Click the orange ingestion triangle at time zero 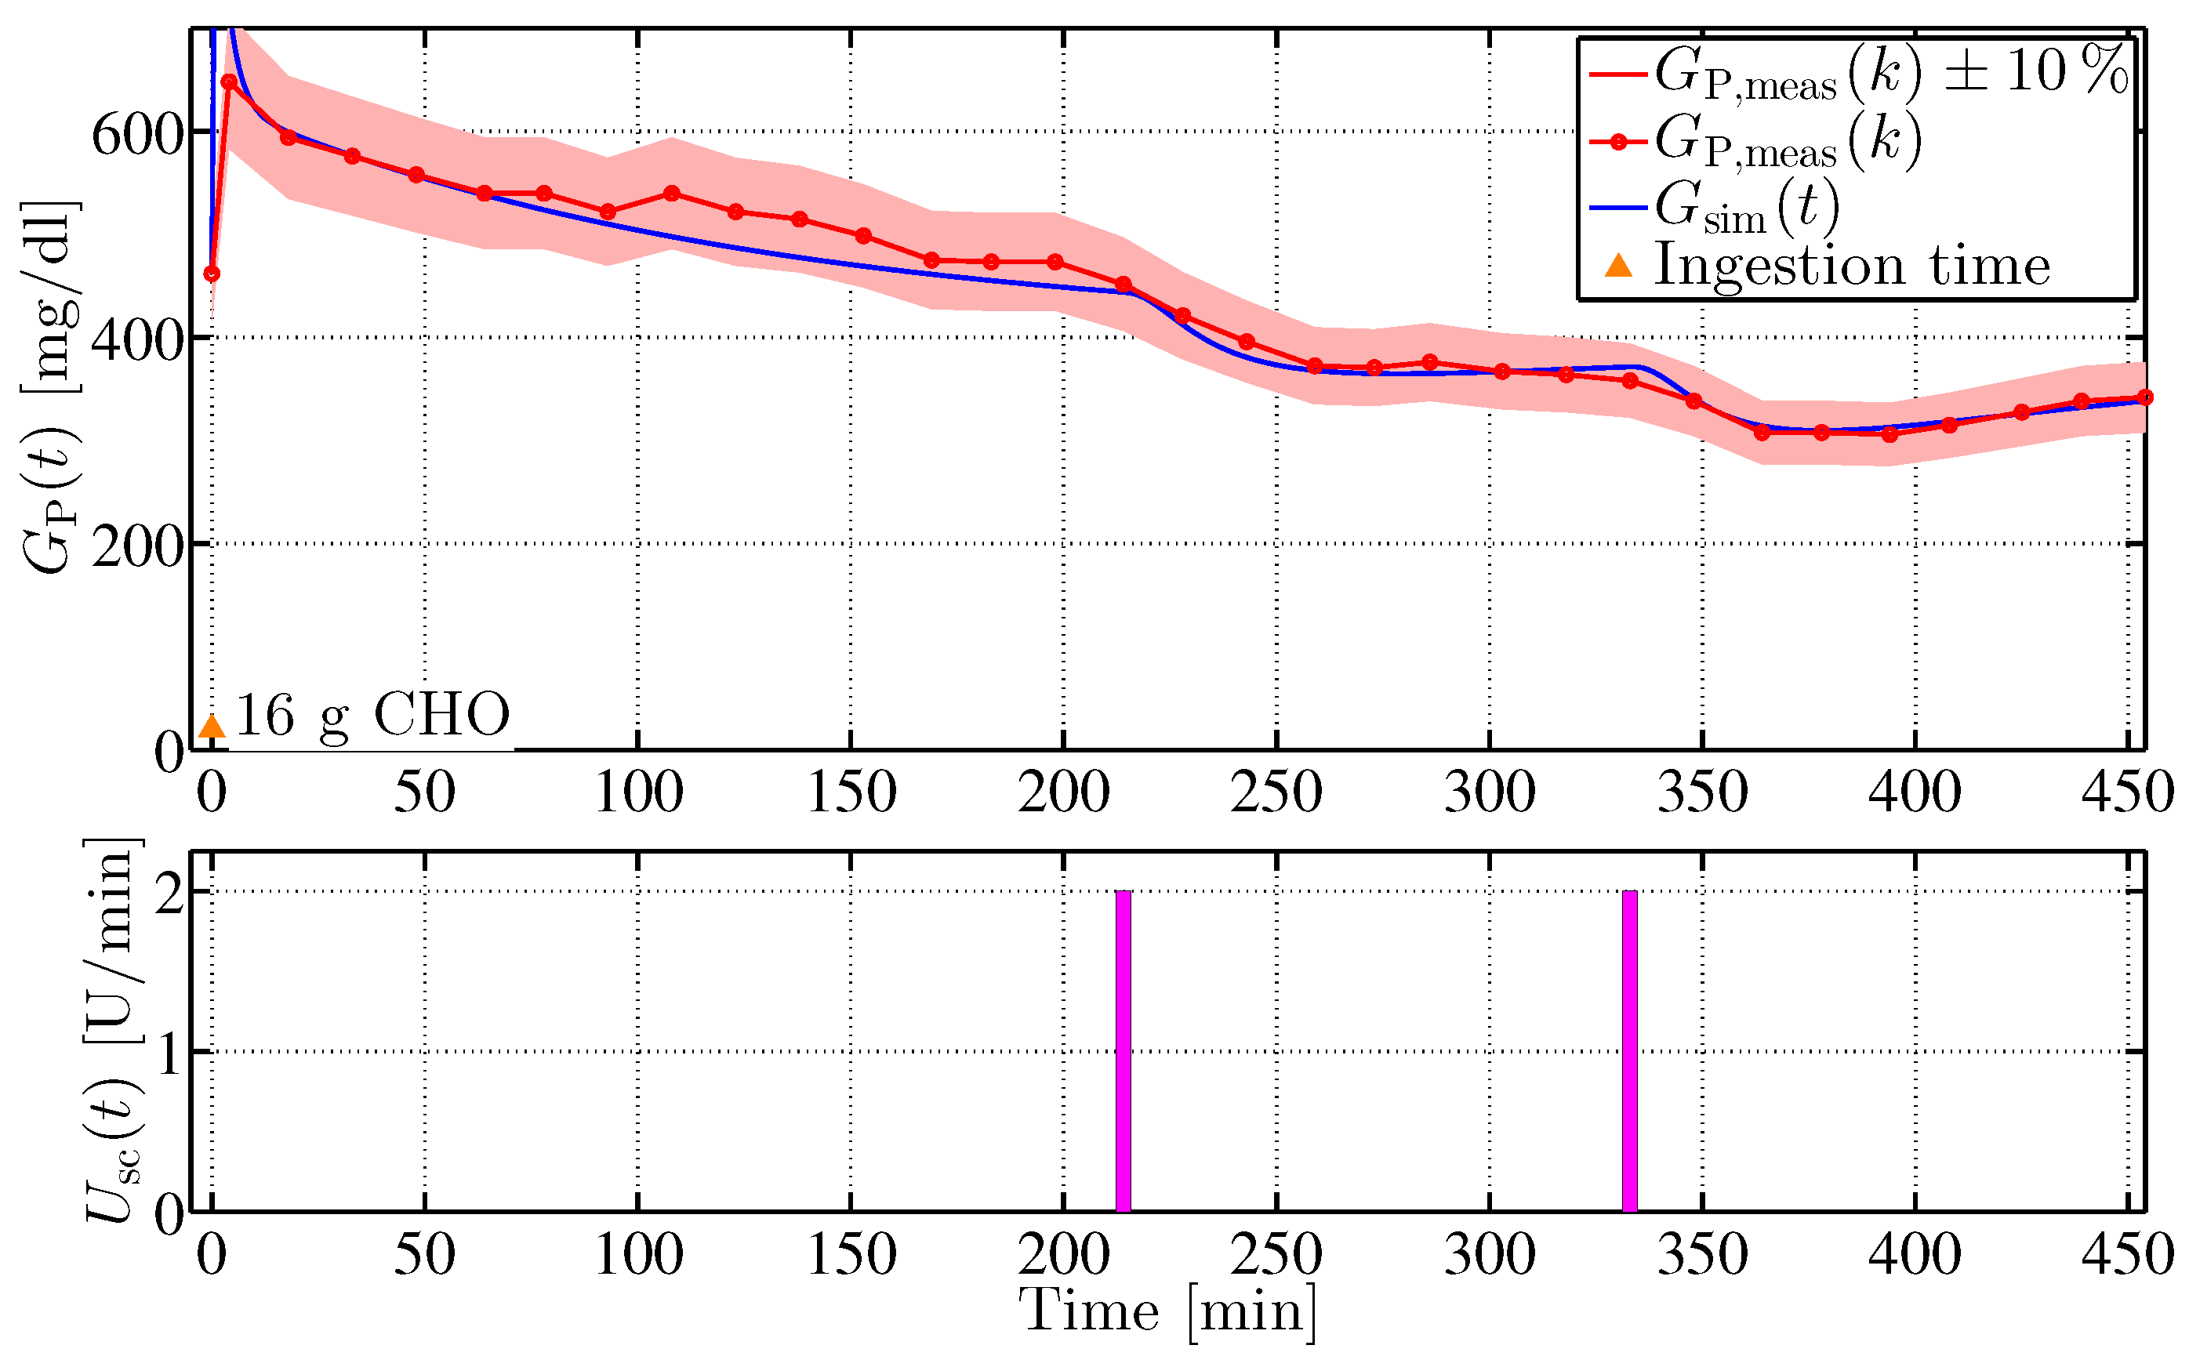click(x=211, y=727)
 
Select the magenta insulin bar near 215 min click(x=1123, y=1050)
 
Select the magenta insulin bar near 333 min click(x=1629, y=1050)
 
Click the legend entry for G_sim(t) click(x=1745, y=207)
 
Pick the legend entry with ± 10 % click(x=1890, y=73)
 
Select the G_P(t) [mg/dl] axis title click(x=49, y=389)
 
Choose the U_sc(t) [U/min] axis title click(x=113, y=1031)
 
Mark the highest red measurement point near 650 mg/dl click(x=229, y=82)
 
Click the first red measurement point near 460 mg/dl click(x=212, y=274)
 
